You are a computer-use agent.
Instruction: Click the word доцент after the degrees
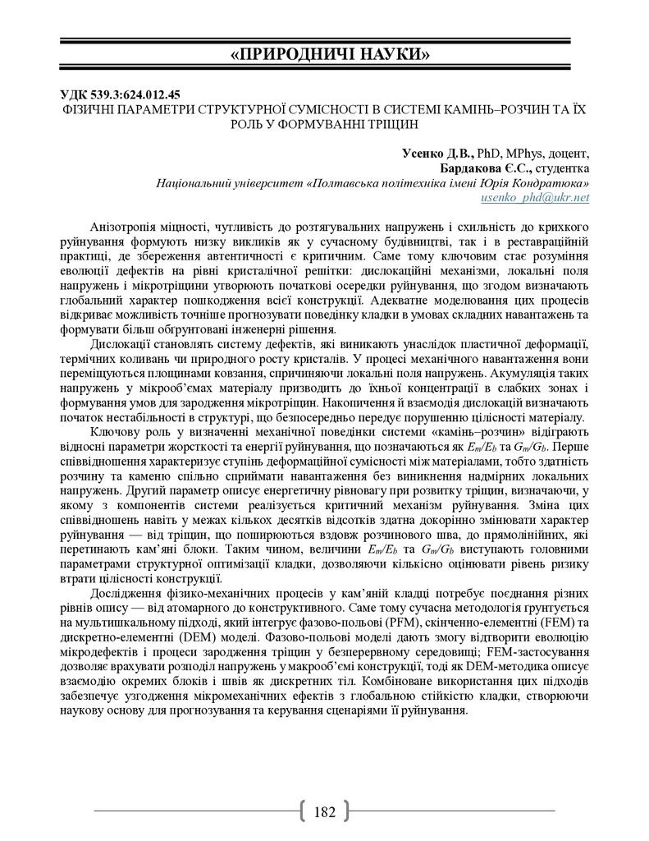[570, 154]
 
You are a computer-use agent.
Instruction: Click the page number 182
[324, 811]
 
